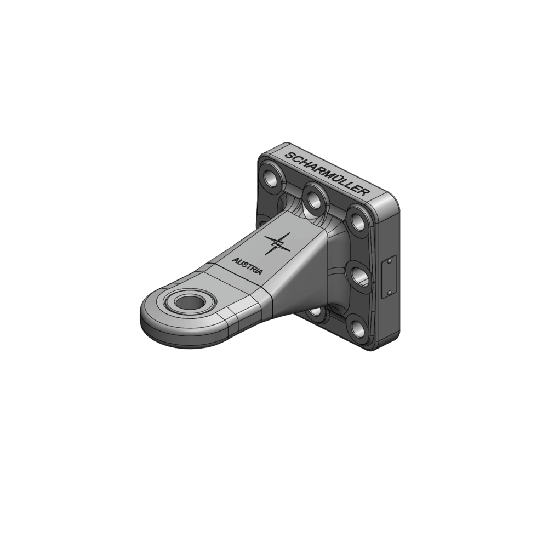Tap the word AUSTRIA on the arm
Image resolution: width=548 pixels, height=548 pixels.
(247, 266)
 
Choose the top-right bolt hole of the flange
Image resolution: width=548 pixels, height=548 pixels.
(357, 221)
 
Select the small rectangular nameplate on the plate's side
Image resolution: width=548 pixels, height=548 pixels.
(388, 277)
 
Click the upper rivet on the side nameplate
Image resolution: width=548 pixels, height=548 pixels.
(390, 262)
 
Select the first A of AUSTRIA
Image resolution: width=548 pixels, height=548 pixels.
(235, 260)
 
